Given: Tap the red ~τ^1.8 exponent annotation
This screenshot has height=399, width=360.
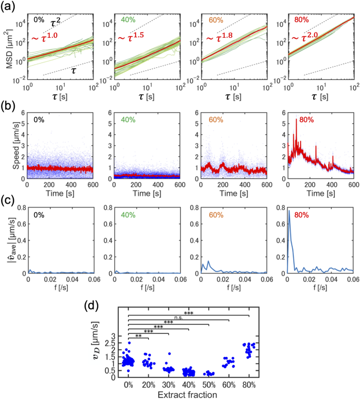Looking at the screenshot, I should pyautogui.click(x=221, y=39).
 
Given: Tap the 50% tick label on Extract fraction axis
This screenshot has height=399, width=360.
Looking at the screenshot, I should pyautogui.click(x=209, y=384).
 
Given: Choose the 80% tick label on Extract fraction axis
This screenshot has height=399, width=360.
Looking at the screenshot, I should pyautogui.click(x=249, y=384).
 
